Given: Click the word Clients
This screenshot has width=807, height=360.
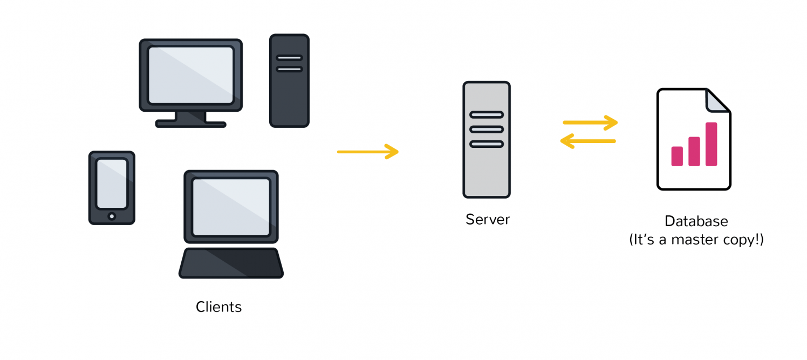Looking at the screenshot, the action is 218,307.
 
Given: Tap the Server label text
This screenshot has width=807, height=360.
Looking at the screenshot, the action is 488,220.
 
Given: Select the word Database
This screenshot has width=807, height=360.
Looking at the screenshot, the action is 696,221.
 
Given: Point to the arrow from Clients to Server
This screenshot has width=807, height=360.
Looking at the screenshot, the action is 368,152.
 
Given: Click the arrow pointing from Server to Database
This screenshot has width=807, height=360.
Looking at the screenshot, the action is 590,123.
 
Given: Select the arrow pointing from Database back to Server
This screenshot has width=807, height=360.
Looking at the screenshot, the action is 588,141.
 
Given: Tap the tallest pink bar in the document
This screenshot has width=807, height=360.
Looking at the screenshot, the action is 711,144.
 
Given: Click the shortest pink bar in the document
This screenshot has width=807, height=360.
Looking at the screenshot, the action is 677,157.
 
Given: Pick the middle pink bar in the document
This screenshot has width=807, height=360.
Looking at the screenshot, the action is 694,151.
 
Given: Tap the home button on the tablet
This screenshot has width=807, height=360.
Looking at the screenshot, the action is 112,216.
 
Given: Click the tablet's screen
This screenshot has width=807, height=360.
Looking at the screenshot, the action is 112,184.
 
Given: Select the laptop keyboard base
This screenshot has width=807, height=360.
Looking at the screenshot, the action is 231,263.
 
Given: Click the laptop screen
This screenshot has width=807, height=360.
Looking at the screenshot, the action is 231,207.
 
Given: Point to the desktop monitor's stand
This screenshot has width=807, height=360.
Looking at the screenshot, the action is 190,120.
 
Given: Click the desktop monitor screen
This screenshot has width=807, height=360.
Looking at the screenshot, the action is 190,75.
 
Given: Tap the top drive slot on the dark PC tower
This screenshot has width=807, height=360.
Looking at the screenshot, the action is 289,58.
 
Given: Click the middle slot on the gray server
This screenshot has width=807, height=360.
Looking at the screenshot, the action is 487,130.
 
